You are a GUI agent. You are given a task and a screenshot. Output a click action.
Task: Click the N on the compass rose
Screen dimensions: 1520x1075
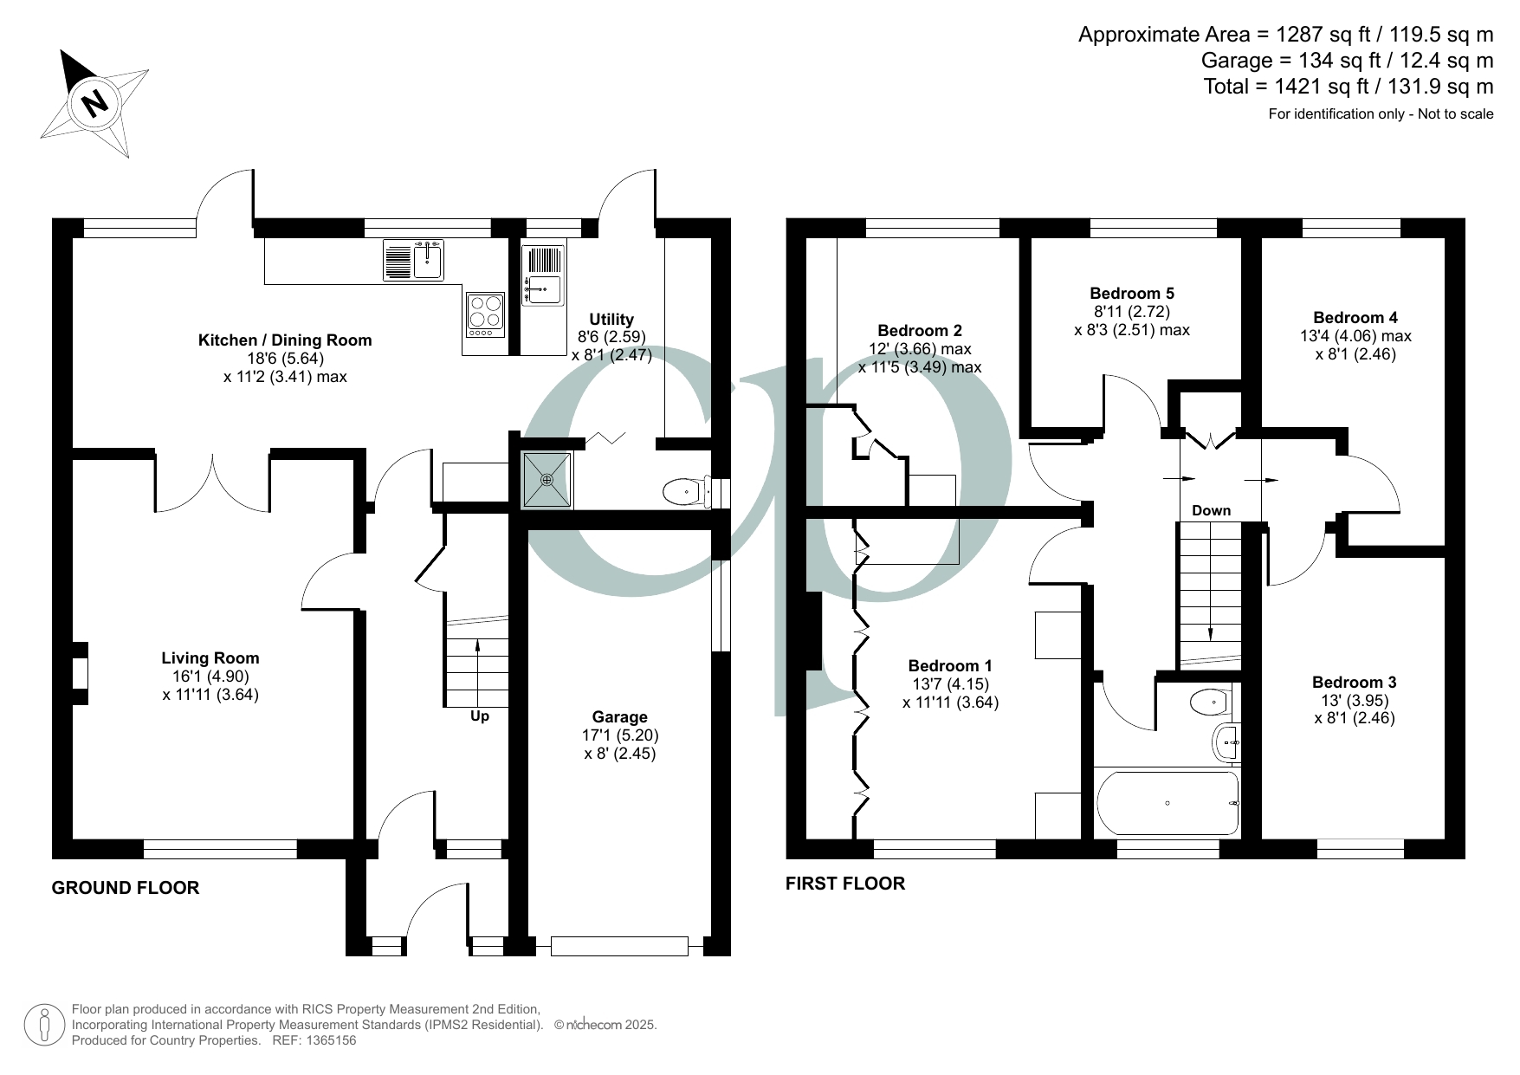pos(94,103)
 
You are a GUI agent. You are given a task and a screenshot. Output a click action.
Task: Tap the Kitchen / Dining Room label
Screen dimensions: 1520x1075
pos(285,340)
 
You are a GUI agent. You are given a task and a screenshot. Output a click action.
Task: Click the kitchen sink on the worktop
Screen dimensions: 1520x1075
pos(413,260)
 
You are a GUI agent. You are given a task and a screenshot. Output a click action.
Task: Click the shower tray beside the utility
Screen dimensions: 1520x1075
pos(547,480)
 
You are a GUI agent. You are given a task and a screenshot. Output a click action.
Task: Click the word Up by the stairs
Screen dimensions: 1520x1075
pos(479,716)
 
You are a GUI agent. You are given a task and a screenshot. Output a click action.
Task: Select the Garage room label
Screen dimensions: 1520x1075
pos(619,717)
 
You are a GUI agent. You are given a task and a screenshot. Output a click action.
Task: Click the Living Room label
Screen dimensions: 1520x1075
pos(210,658)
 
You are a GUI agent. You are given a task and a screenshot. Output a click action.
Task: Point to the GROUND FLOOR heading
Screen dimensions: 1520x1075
pos(126,888)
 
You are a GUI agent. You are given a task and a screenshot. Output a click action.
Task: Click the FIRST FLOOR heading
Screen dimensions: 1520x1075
pos(845,884)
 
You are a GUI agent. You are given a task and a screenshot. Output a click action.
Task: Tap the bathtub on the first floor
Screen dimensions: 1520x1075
pos(1167,804)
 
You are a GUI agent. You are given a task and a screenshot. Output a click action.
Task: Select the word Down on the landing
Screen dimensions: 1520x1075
pos(1211,511)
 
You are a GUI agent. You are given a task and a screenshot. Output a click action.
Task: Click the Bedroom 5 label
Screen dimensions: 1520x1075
pos(1132,294)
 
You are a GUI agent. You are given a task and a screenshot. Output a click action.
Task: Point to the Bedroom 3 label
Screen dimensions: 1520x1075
pos(1354,683)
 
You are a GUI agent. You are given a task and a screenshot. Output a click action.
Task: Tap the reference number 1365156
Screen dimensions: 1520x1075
pos(327,1040)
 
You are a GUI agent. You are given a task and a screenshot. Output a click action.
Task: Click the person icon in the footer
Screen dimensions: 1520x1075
pos(44,1025)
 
